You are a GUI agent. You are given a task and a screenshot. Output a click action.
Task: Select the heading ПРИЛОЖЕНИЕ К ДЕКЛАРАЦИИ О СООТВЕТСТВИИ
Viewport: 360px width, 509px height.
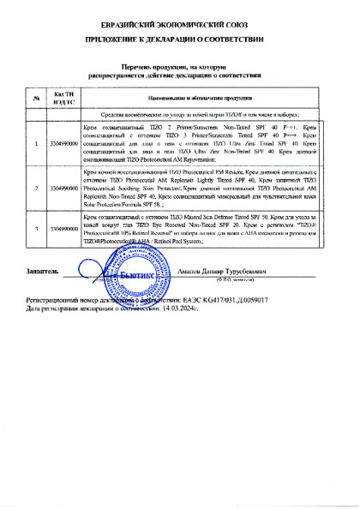click(180, 39)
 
